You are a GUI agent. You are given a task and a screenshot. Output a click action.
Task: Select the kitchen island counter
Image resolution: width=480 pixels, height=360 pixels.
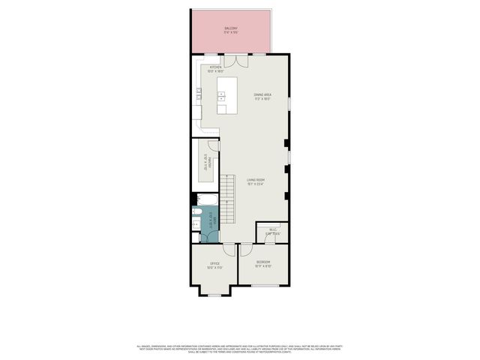[227, 95]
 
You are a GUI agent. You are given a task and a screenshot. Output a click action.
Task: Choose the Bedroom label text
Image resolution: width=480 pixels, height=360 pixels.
[262, 263]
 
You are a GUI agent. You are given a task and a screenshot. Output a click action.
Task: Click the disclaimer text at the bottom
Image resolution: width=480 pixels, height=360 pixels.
[240, 348]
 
